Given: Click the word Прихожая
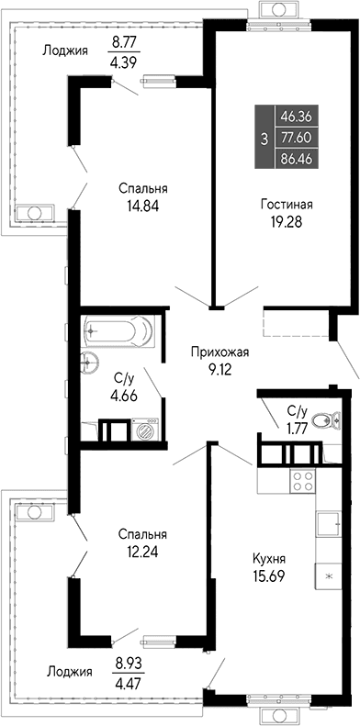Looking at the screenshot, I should click(x=219, y=351).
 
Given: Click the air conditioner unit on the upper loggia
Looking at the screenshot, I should click(x=35, y=213).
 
